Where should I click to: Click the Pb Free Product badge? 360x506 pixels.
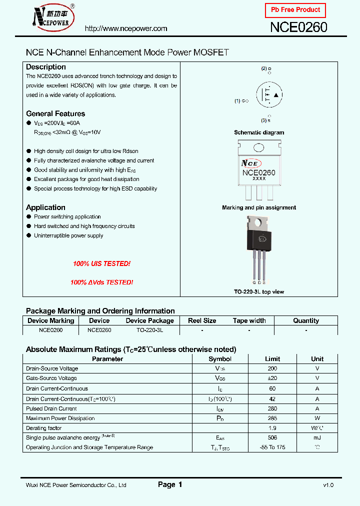click(x=295, y=10)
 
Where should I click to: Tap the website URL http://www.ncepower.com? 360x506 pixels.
click(x=126, y=28)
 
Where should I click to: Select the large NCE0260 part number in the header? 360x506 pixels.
click(x=298, y=27)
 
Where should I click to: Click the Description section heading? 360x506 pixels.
click(x=46, y=67)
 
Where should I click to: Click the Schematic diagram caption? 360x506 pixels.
click(x=259, y=132)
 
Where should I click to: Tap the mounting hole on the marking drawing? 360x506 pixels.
click(x=259, y=147)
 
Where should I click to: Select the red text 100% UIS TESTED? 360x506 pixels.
click(x=101, y=263)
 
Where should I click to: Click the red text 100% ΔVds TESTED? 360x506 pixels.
click(x=101, y=282)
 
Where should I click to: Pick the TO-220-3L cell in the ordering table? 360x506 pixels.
click(x=149, y=330)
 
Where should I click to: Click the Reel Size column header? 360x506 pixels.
click(x=202, y=321)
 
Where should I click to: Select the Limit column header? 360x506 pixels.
click(x=272, y=359)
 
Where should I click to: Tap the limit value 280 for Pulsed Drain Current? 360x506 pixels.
click(x=272, y=408)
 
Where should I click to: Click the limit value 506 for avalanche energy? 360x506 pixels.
click(x=272, y=438)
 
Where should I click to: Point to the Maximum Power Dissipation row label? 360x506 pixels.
click(x=60, y=418)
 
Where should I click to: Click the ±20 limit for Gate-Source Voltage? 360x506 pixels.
click(x=272, y=378)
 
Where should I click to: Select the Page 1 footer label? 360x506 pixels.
click(x=170, y=484)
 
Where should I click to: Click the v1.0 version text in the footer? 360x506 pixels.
click(x=328, y=485)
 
